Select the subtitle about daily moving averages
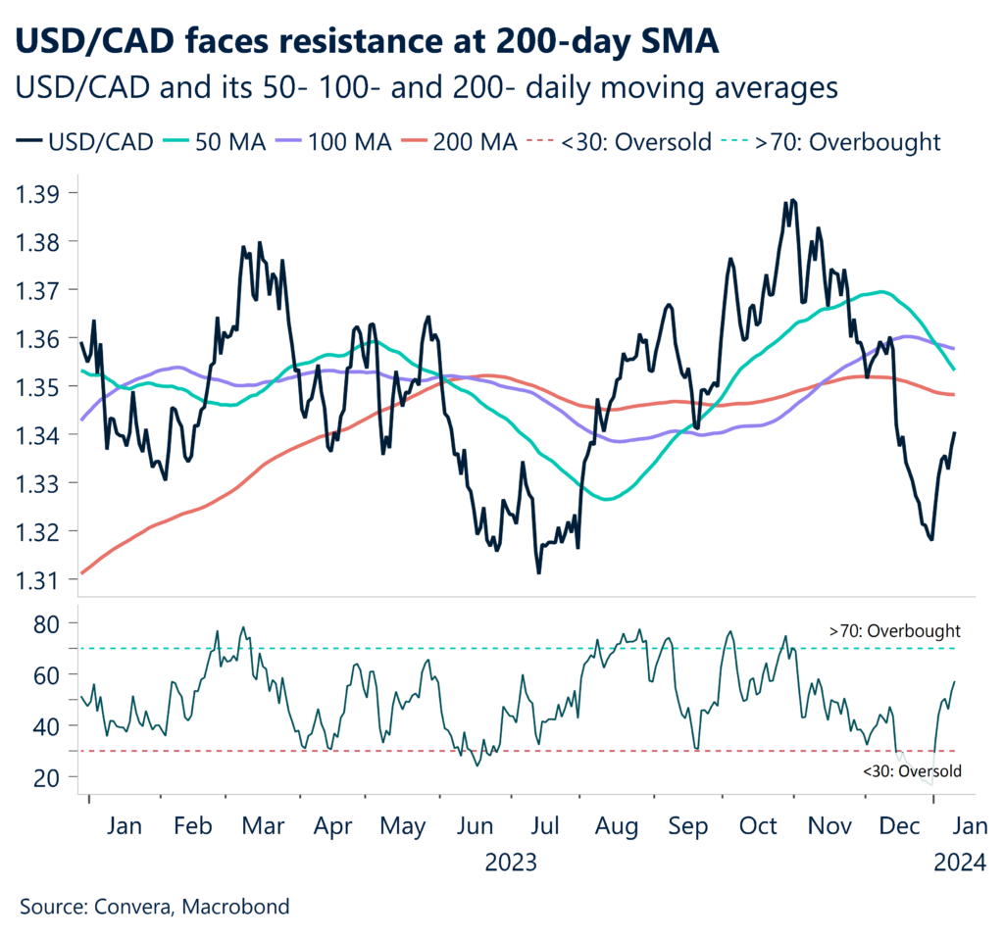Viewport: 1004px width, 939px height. tap(427, 87)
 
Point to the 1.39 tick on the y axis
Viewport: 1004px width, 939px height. tap(39, 193)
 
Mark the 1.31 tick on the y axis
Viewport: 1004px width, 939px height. tap(39, 580)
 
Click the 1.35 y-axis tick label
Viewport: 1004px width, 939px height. tap(39, 387)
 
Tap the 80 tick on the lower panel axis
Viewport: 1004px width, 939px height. tap(48, 623)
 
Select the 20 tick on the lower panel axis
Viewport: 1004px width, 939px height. tap(48, 777)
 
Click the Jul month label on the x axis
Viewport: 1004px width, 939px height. tap(546, 827)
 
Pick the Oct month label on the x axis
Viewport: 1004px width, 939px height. tap(758, 827)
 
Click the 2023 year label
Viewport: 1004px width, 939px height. tap(511, 863)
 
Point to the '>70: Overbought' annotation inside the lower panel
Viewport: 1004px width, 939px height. tap(894, 631)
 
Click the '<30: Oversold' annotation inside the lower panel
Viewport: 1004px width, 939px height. tap(912, 772)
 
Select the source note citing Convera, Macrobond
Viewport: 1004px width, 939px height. tap(154, 907)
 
